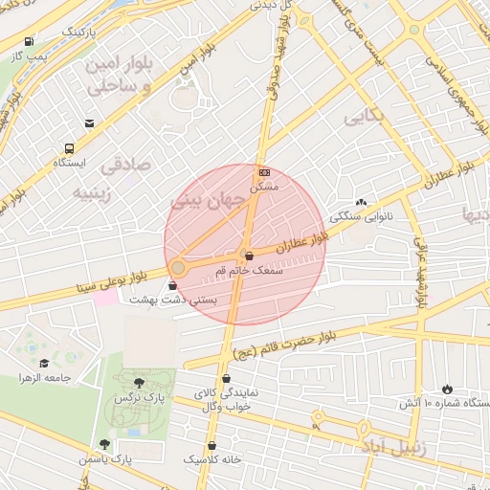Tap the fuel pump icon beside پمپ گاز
click(30, 42)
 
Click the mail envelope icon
click(90, 123)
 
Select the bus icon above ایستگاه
click(69, 148)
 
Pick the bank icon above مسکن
click(264, 172)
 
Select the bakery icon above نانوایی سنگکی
click(361, 202)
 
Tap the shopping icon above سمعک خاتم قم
click(249, 256)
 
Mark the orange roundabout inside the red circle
click(178, 268)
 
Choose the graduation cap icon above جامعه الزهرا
click(44, 364)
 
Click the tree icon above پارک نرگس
click(140, 383)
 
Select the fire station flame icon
click(446, 388)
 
